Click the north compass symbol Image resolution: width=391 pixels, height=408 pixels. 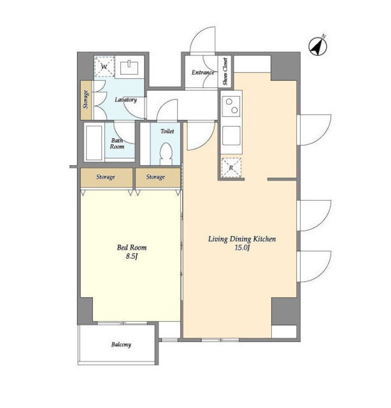317,47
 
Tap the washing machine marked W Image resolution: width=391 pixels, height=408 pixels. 104,66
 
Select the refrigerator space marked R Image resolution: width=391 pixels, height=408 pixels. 231,168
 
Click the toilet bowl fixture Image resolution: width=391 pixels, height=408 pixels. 166,154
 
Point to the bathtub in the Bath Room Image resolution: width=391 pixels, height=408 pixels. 94,143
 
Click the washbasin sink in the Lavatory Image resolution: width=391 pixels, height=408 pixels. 129,67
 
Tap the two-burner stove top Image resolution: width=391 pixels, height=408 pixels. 231,106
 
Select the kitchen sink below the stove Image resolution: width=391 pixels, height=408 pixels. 231,136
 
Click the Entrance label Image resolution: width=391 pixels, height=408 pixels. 203,73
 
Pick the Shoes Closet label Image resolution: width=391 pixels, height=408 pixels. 225,71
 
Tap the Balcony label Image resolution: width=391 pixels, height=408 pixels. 121,345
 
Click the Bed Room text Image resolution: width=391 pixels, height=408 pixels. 132,247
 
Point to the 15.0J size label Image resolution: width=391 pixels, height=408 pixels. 242,248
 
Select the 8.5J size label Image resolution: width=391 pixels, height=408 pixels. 132,256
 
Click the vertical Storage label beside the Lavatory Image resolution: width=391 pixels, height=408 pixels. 85,99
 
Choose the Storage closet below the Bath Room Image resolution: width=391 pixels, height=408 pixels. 106,177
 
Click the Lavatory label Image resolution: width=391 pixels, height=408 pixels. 126,99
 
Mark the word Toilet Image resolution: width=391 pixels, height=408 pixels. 167,131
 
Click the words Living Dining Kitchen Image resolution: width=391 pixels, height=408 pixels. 242,239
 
